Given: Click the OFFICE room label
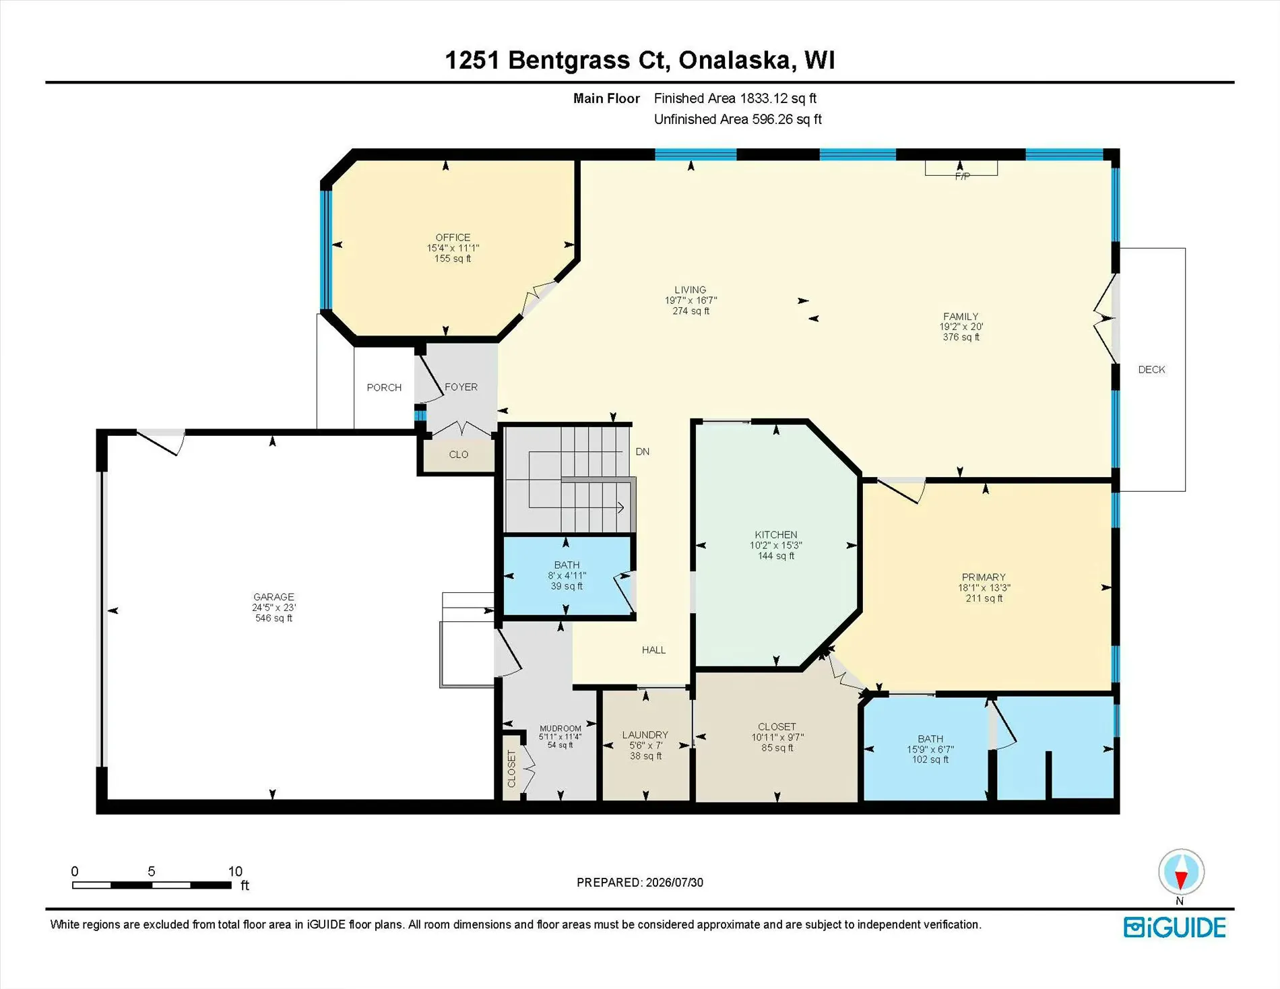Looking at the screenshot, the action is [453, 237].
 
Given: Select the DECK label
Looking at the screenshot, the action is [1151, 369].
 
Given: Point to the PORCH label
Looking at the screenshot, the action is [384, 387].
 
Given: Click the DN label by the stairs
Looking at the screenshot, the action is [643, 451].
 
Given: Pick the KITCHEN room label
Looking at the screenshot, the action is [776, 534].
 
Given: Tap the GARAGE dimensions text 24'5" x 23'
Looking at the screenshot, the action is [274, 607].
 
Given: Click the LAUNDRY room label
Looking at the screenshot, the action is [645, 734].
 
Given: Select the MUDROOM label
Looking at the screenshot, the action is [561, 728].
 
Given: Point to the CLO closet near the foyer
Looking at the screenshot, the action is [459, 455].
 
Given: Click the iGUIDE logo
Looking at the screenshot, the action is [1175, 928].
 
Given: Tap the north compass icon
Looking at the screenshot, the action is [1181, 872].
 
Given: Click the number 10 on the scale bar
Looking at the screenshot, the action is [235, 871].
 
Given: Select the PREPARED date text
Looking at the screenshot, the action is [640, 883].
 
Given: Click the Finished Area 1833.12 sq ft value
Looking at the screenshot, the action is [735, 98].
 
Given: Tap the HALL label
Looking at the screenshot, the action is [653, 650].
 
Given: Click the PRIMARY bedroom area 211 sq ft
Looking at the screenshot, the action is [984, 598].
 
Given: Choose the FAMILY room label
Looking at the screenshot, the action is [961, 316].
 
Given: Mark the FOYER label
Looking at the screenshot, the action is [461, 387].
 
